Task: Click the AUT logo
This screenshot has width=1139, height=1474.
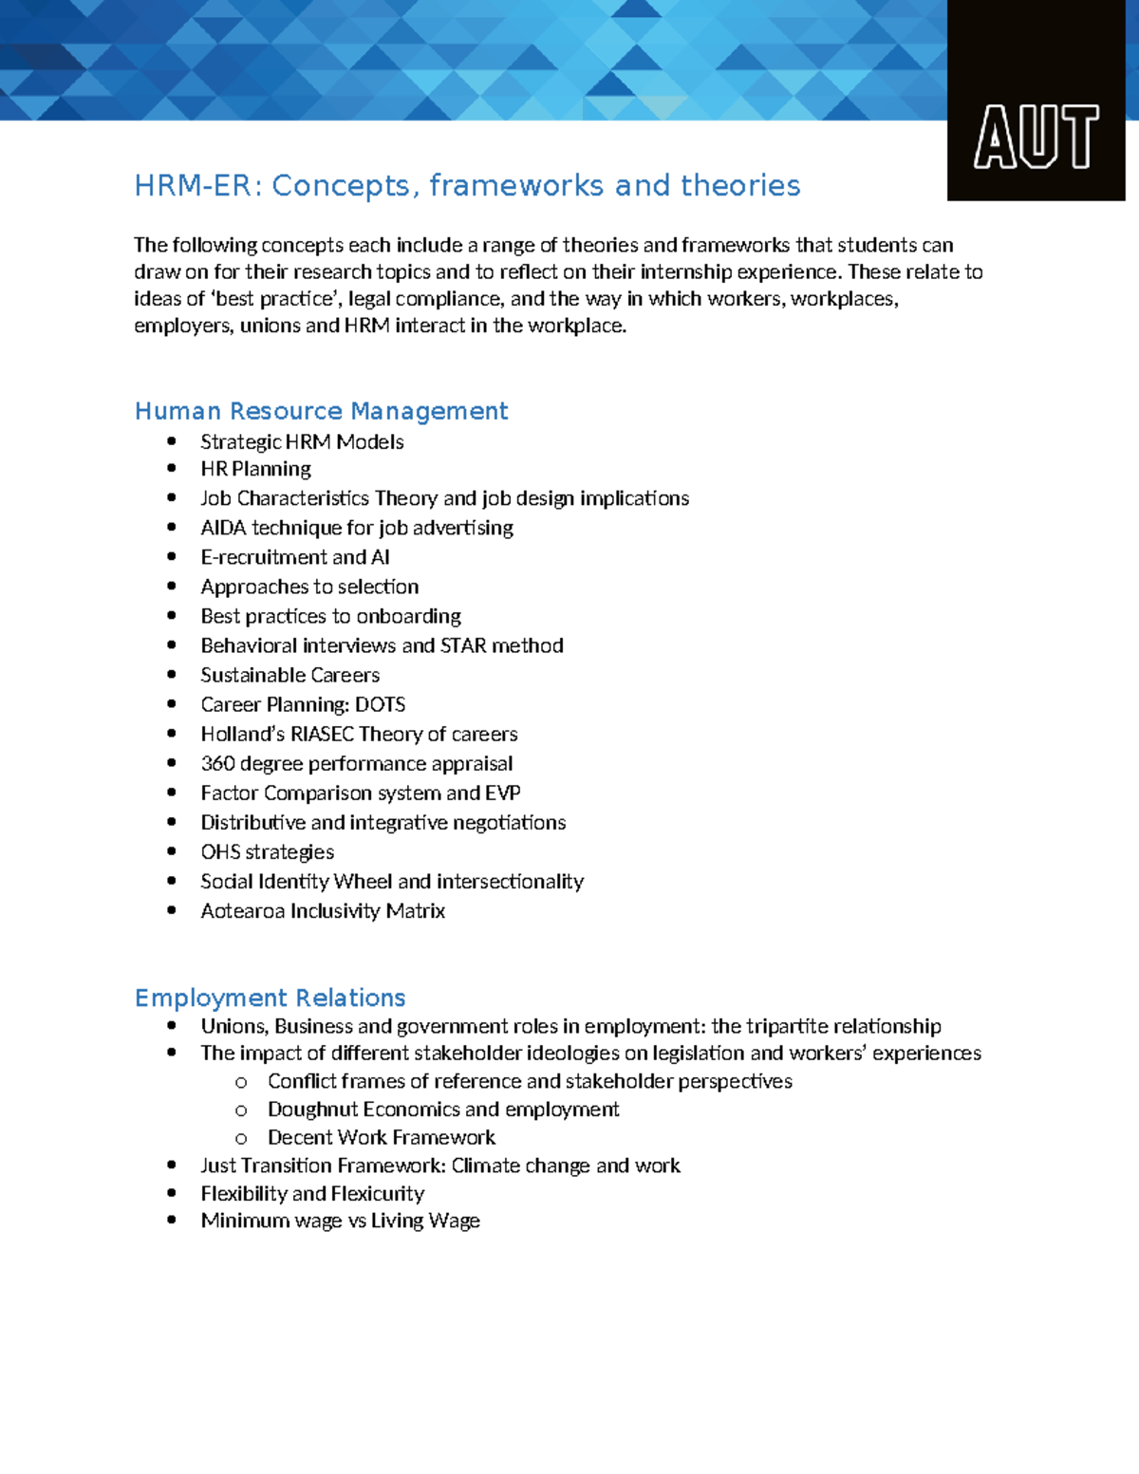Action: click(1036, 137)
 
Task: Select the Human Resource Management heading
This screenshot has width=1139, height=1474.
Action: click(321, 411)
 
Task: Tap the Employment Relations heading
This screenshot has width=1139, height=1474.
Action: click(270, 998)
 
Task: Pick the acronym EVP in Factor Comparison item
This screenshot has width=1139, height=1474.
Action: click(503, 793)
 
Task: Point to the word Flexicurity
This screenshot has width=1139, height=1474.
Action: click(378, 1193)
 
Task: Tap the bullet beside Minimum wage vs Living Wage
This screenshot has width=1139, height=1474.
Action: click(172, 1220)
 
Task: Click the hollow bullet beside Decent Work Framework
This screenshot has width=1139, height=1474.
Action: click(241, 1138)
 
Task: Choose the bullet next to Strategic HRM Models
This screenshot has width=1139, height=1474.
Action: click(172, 440)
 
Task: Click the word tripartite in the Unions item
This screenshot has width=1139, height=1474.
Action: click(787, 1026)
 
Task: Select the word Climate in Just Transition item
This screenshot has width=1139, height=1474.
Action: click(485, 1165)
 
